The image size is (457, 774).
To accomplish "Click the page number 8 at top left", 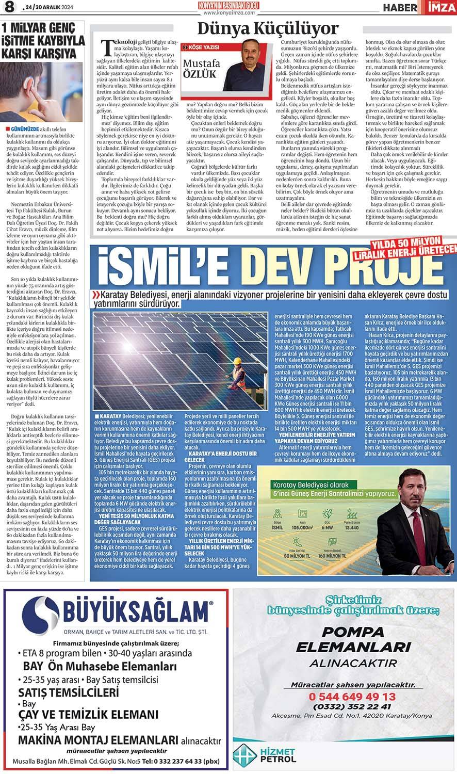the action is coord(9,8).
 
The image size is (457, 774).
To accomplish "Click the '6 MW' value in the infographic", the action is coord(327,527).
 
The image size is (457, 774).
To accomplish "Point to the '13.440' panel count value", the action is coord(351,527).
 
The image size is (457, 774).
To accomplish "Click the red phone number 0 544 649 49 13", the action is coord(351,696).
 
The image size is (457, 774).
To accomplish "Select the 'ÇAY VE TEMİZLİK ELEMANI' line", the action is coord(88,714).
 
